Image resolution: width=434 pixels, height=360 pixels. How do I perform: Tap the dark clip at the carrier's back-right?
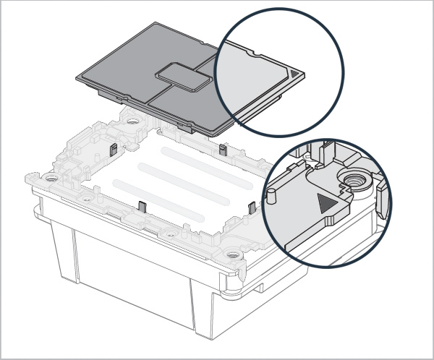[x=223, y=150]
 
